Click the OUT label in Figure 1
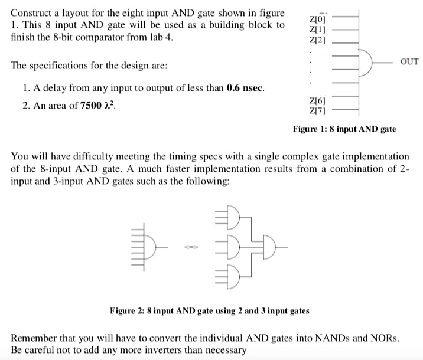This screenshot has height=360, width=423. (x=409, y=61)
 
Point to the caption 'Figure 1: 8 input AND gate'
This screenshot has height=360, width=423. (x=344, y=129)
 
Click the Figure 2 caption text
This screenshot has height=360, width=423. (x=209, y=310)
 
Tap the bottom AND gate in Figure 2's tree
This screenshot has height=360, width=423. (x=232, y=272)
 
